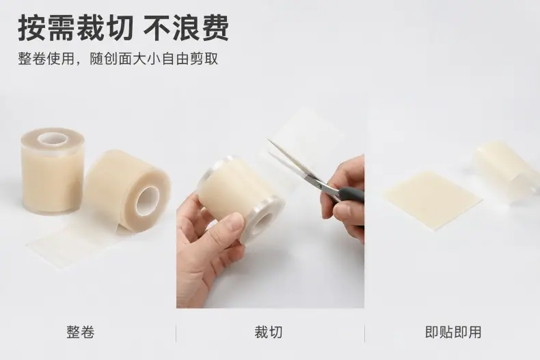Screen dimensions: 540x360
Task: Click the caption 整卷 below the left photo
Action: pos(80,333)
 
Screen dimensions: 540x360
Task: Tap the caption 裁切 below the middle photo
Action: pos(269,333)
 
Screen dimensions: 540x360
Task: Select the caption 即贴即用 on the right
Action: pos(453,333)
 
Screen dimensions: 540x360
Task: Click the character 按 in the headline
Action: pos(31,27)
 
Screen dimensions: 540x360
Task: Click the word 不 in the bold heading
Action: pos(157,27)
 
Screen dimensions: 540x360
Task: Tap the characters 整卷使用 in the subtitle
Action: pos(46,59)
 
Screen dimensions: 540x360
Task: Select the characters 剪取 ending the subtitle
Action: pos(204,59)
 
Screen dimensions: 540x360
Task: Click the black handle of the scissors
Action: pos(352,195)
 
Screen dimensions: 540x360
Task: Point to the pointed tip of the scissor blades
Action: pos(269,140)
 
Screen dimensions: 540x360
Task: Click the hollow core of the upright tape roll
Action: pos(53,139)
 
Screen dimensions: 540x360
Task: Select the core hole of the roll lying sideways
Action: pos(148,202)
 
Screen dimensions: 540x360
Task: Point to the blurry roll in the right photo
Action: pos(507,171)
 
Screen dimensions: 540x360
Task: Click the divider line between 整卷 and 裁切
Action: pos(176,333)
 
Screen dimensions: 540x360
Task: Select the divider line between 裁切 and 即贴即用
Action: pos(364,333)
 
